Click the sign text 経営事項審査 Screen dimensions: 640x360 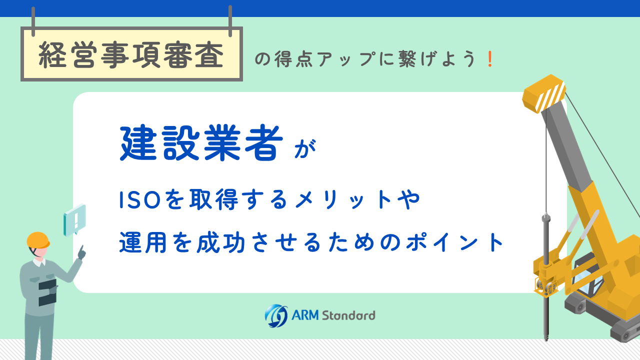pyautogui.click(x=131, y=55)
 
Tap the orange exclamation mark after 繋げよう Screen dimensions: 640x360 pyautogui.click(x=490, y=59)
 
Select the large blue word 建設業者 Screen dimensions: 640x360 pyautogui.click(x=201, y=143)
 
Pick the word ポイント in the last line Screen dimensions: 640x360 pyautogui.click(x=455, y=242)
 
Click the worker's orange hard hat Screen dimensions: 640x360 pyautogui.click(x=38, y=240)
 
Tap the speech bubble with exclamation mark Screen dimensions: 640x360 pyautogui.click(x=75, y=220)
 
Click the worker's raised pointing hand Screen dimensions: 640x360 pyautogui.click(x=82, y=252)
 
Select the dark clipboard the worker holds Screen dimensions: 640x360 pyautogui.click(x=47, y=292)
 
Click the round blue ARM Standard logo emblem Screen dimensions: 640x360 pyautogui.click(x=276, y=315)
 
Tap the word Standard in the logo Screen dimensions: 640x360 pyautogui.click(x=348, y=315)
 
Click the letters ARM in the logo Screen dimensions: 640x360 pyautogui.click(x=305, y=315)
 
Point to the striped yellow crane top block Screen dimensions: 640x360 pyautogui.click(x=543, y=93)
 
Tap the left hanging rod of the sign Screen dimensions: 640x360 pyautogui.click(x=33, y=21)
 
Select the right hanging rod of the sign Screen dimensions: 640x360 pyautogui.click(x=230, y=21)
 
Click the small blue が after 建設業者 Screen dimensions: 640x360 pyautogui.click(x=305, y=148)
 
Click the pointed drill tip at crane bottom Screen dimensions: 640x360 pyautogui.click(x=546, y=336)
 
